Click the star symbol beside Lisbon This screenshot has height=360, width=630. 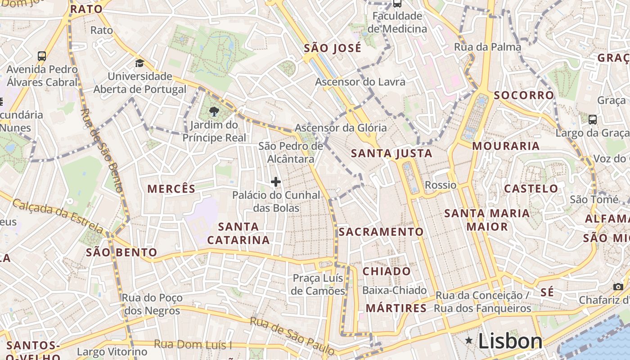click(469, 341)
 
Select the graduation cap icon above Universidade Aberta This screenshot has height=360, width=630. click(139, 63)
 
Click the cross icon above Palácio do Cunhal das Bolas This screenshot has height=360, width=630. click(276, 182)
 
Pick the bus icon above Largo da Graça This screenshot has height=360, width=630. click(593, 120)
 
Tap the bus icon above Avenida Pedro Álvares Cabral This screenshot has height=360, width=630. click(42, 56)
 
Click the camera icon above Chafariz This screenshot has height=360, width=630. click(618, 287)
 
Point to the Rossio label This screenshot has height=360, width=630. click(441, 185)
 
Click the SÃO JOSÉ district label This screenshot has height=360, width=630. click(333, 48)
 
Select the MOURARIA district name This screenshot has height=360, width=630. click(506, 146)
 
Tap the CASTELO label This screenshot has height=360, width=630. click(531, 189)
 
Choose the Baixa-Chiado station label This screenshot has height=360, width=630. click(395, 290)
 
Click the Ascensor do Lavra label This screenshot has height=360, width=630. click(360, 82)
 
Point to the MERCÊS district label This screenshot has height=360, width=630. click(171, 189)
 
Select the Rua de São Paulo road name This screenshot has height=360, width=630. click(292, 335)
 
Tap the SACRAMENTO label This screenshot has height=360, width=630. click(381, 232)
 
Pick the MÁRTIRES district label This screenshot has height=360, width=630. click(396, 308)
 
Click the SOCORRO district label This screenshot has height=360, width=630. click(524, 95)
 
